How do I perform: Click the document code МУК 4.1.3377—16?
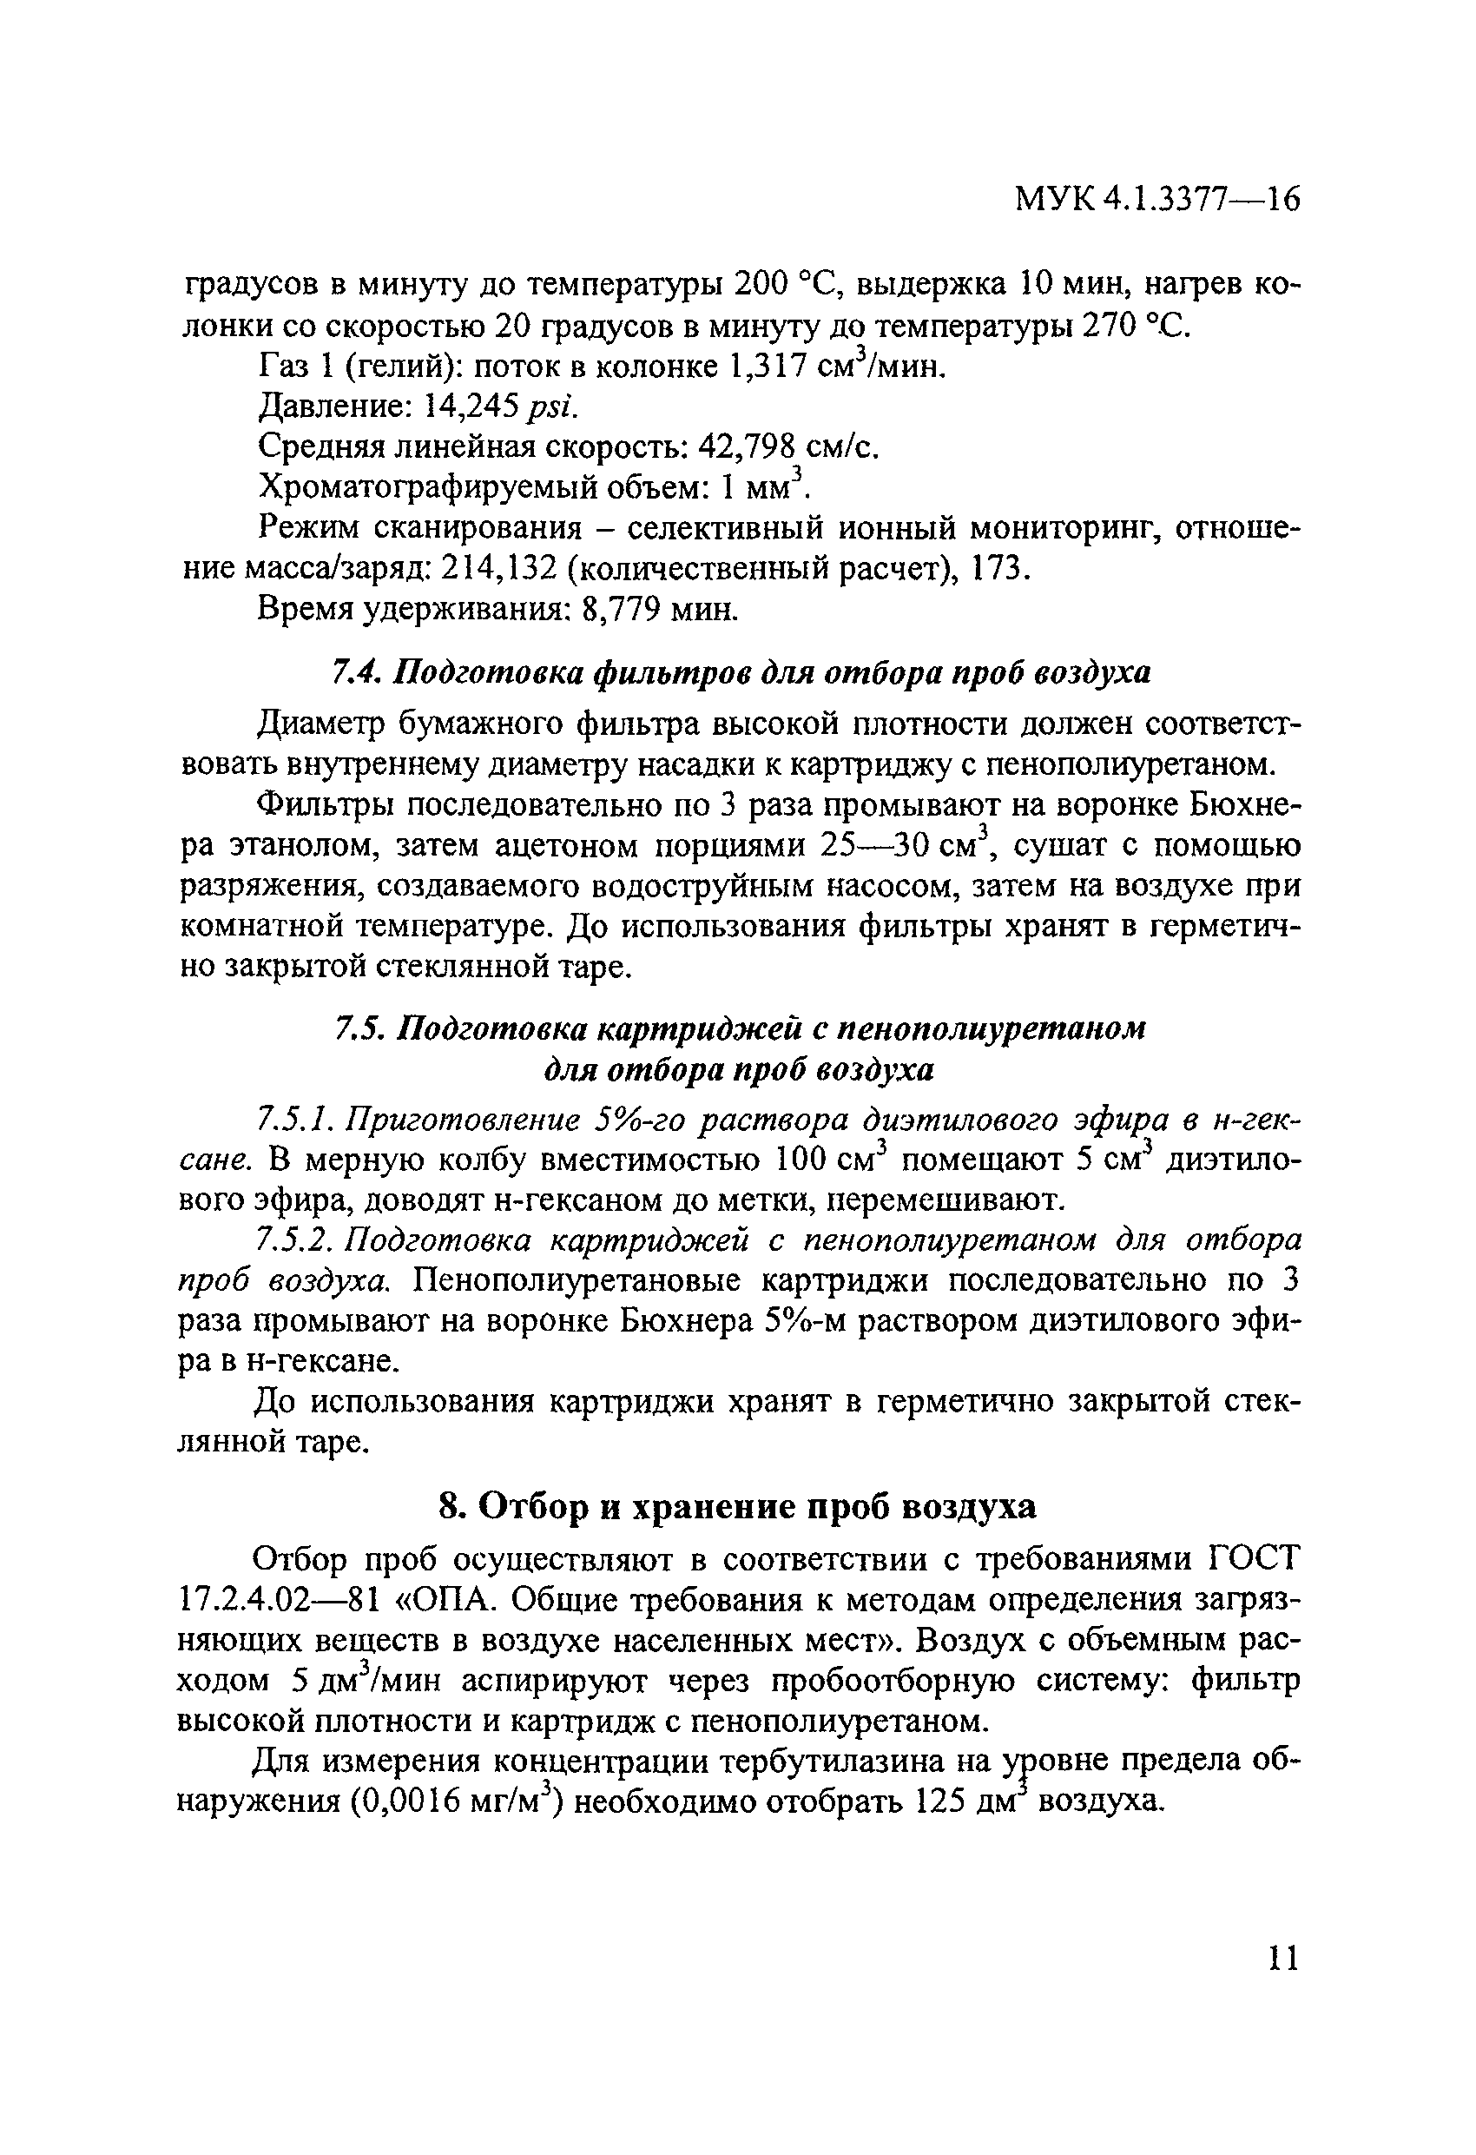tap(1158, 200)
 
